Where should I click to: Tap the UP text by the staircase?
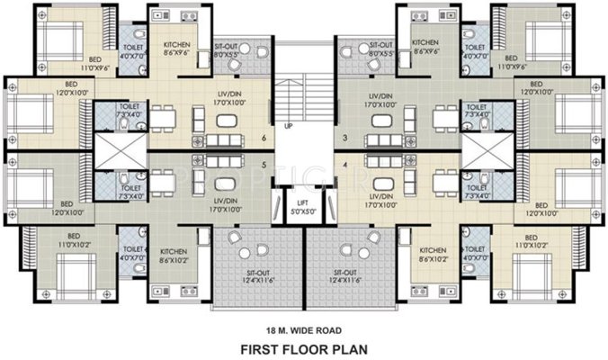click(x=288, y=127)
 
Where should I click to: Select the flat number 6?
click(x=263, y=138)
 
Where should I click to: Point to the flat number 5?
click(x=263, y=165)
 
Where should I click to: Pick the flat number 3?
click(x=345, y=138)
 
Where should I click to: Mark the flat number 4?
click(x=345, y=165)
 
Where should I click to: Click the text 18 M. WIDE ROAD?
click(x=303, y=328)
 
